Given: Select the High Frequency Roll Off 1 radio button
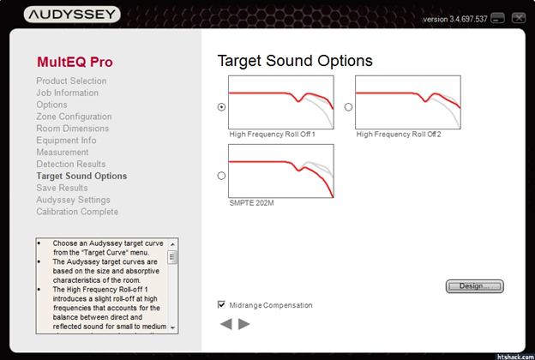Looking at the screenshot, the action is tap(221, 107).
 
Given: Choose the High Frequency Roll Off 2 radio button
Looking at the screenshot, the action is tap(348, 107).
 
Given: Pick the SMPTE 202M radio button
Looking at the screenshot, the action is tap(221, 176).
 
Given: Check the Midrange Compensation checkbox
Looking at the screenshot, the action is tap(221, 304).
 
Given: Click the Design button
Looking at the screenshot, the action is tap(475, 286).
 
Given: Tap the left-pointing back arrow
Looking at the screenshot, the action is tap(226, 324).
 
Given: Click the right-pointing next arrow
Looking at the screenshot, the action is tap(244, 324).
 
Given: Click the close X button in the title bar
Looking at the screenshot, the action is tap(519, 18).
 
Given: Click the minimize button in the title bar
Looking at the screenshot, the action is tap(497, 18).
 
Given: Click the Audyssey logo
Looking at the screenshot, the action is tap(72, 15).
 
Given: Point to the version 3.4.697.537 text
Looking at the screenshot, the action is tap(454, 19).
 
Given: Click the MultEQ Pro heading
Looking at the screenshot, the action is tap(75, 62).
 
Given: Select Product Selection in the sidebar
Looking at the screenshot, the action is tap(71, 81).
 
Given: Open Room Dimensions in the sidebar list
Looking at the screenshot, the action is tap(73, 129).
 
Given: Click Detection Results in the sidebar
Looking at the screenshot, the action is tap(71, 164).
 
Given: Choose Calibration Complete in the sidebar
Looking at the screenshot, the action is tap(77, 212).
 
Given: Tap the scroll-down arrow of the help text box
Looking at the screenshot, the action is tap(172, 327).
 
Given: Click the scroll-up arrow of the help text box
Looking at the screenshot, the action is tap(172, 244).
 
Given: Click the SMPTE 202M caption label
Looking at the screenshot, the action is tap(251, 203).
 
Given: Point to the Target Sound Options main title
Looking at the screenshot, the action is tap(295, 61).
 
